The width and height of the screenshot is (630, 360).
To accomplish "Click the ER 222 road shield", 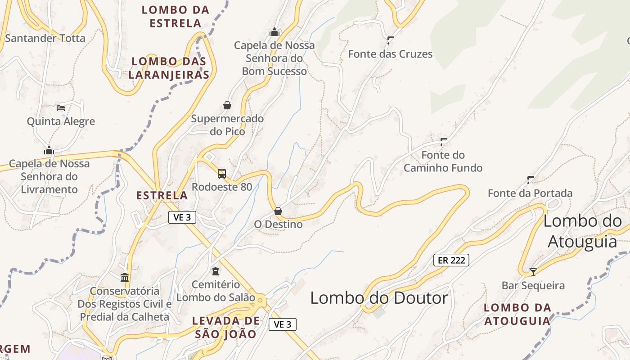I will point(451,260).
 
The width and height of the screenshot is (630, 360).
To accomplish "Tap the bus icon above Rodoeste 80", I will point(221,173).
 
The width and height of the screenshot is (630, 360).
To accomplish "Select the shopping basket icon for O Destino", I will point(278,211).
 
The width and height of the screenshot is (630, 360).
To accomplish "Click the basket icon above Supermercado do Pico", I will point(227,105).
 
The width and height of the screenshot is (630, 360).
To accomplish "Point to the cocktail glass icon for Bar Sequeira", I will point(533,272).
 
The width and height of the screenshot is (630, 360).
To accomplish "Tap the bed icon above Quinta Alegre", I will point(61,108).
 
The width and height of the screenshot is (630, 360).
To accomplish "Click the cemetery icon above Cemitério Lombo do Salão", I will point(216,271).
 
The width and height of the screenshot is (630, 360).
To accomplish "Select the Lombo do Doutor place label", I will point(379,298).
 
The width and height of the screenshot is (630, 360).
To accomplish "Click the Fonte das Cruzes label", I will point(390,54).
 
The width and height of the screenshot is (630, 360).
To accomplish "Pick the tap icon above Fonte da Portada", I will point(531,180).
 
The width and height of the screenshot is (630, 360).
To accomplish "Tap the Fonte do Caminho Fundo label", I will point(443,162).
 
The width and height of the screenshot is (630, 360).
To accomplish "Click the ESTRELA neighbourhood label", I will point(162,195).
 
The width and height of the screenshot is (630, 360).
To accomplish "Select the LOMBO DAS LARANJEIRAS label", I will point(169,68).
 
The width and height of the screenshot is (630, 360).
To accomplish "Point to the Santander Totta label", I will point(45,38).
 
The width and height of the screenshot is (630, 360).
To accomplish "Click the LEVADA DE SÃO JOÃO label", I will point(226,327).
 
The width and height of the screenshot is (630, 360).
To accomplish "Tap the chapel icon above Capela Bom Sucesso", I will point(274,32).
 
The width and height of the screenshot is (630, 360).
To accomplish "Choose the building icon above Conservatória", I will point(125,277).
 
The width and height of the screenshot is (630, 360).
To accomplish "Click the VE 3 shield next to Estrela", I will point(182,217).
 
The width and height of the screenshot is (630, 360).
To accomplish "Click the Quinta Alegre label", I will point(61,121).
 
